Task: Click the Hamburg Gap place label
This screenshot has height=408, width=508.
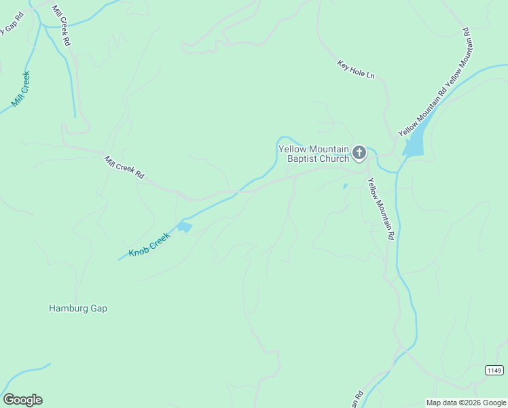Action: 78,308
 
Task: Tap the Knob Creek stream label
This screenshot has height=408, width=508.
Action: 149,245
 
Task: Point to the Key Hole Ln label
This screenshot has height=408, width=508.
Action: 356,69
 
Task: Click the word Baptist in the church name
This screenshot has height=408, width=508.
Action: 305,158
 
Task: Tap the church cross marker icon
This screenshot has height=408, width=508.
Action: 359,153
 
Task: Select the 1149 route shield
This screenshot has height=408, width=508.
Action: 494,370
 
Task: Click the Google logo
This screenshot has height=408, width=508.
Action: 22,400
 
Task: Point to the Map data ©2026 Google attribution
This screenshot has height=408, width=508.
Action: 465,403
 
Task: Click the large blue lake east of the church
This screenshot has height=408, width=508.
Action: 415,141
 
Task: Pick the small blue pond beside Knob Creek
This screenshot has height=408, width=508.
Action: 184,227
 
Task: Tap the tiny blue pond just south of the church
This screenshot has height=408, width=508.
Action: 345,186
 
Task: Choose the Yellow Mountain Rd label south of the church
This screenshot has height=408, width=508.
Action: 381,209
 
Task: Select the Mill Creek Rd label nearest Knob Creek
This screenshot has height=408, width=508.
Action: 124,167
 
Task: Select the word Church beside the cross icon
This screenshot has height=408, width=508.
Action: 336,158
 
